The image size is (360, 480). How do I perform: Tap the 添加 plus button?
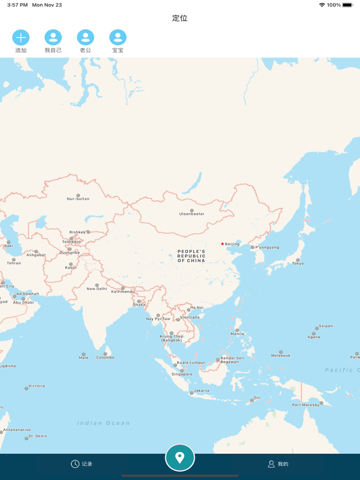coord(21,38)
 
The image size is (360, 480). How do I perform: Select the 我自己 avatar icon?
coord(53,38)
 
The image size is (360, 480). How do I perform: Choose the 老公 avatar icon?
coord(85,38)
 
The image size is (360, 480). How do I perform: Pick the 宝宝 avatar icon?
coord(118,38)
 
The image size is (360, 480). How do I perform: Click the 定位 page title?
coord(179,18)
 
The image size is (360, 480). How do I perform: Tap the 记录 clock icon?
coord(75,464)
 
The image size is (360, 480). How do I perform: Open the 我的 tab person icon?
coord(271,464)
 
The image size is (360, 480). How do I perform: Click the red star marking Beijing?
coord(222,244)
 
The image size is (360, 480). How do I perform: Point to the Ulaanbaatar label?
coord(192,214)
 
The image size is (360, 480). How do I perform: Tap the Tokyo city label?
coord(298,264)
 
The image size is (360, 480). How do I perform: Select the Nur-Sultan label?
coord(78,199)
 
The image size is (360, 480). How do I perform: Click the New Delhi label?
coord(97,289)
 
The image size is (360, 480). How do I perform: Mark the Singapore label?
coord(182,374)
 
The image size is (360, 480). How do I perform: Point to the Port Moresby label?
coord(306,405)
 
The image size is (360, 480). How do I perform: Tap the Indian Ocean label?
coord(103,423)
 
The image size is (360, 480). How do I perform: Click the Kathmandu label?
coord(122,292)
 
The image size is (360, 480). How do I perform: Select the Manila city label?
coord(238,334)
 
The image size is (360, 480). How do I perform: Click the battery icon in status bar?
coord(348,5)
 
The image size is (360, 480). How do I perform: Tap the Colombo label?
coord(105,357)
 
